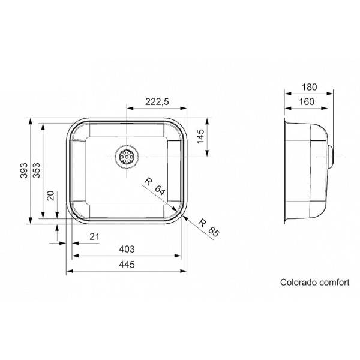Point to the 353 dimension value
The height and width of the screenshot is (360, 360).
37,172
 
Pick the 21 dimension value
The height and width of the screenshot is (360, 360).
94,237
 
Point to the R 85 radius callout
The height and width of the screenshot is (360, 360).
205,228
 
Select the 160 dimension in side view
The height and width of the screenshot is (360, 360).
307,101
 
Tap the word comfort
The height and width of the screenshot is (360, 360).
331,280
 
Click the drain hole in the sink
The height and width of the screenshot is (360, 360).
127,157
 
